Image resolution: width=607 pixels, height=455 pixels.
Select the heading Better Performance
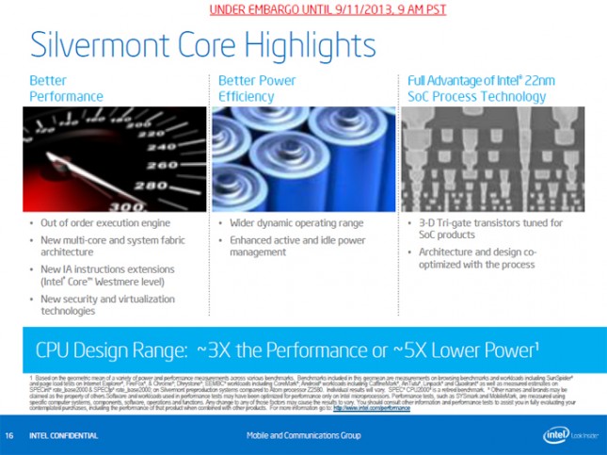tap(66, 89)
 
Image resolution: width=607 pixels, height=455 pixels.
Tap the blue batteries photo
tap(300, 158)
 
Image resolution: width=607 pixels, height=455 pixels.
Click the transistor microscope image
tap(493, 158)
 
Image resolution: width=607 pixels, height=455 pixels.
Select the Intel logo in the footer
tap(556, 435)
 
